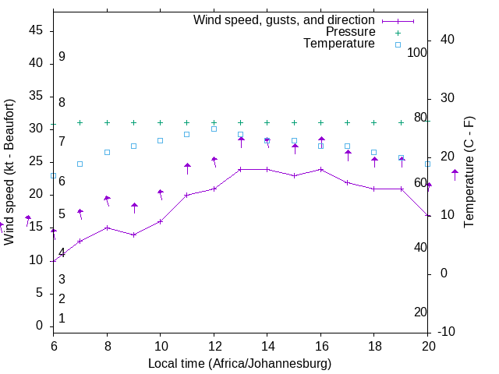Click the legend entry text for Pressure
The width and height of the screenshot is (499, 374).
(350, 32)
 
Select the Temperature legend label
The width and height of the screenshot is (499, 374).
(339, 44)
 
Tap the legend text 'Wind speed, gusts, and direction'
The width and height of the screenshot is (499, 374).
(284, 19)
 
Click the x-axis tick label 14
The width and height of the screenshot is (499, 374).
(267, 345)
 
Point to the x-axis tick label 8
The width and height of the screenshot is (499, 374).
(107, 345)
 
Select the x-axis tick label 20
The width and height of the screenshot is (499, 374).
(428, 345)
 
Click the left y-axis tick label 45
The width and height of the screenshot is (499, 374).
(36, 30)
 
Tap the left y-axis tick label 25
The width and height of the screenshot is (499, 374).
(36, 161)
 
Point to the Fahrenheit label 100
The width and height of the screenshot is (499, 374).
(417, 52)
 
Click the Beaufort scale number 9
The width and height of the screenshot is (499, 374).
(62, 57)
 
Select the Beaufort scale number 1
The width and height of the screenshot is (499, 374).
(62, 318)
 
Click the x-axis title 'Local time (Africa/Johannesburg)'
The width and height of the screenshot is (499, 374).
(240, 363)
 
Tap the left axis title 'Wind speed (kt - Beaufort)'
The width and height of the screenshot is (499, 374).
(9, 172)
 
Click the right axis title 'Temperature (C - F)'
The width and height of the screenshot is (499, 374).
(469, 172)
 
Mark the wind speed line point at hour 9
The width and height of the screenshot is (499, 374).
(134, 235)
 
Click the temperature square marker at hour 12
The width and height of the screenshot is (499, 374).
(214, 129)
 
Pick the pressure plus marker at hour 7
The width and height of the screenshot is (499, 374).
(80, 122)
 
